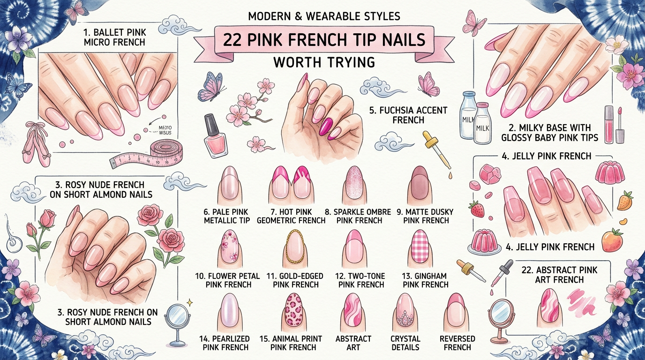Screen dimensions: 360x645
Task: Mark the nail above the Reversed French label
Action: (x=457, y=311)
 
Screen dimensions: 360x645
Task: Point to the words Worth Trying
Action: (x=324, y=61)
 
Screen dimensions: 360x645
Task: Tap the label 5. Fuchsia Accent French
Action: (x=408, y=115)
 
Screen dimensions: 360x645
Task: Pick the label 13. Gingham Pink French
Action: (x=425, y=280)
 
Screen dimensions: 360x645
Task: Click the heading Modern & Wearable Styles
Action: (x=324, y=17)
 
